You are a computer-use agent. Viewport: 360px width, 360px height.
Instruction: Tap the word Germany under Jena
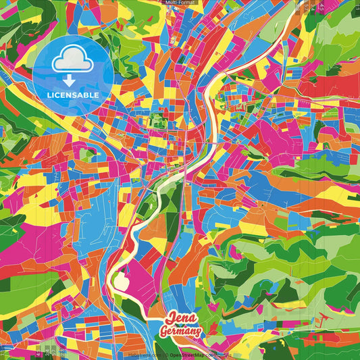point(180,332)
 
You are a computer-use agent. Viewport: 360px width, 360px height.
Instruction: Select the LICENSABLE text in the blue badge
point(72,94)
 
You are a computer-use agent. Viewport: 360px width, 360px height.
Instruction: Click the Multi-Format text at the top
point(180,3)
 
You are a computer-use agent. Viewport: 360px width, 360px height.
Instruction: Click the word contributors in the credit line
point(217,353)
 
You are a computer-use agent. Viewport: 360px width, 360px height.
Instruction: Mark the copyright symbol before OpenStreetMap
point(168,353)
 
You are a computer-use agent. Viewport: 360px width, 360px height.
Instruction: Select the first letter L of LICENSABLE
point(49,94)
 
